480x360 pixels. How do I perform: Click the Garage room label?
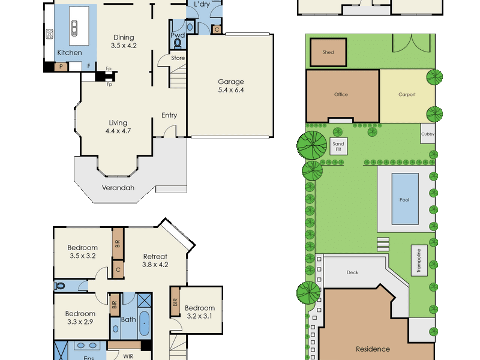tap(231, 82)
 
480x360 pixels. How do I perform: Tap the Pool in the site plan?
tap(405, 199)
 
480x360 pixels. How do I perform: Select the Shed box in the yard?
tap(328, 52)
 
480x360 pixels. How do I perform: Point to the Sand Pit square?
tap(338, 146)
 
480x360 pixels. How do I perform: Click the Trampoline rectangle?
tap(419, 260)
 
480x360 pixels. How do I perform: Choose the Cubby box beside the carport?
tap(428, 133)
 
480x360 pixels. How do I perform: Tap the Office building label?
tap(341, 94)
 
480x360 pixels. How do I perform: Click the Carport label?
tap(407, 95)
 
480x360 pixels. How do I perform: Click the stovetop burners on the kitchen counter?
tap(50, 34)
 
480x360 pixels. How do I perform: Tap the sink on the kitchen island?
tap(74, 28)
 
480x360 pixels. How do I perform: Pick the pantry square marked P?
tap(61, 67)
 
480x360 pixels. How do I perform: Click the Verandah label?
tap(118, 188)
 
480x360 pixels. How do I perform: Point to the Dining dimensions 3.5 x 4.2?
tap(124, 46)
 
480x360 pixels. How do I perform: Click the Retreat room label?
tap(155, 257)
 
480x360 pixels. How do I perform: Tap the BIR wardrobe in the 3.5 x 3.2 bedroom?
tap(118, 244)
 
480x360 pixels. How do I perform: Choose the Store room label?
tap(178, 58)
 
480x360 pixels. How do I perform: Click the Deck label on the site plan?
tap(352, 272)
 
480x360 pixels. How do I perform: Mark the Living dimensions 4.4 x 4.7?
tap(118, 131)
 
